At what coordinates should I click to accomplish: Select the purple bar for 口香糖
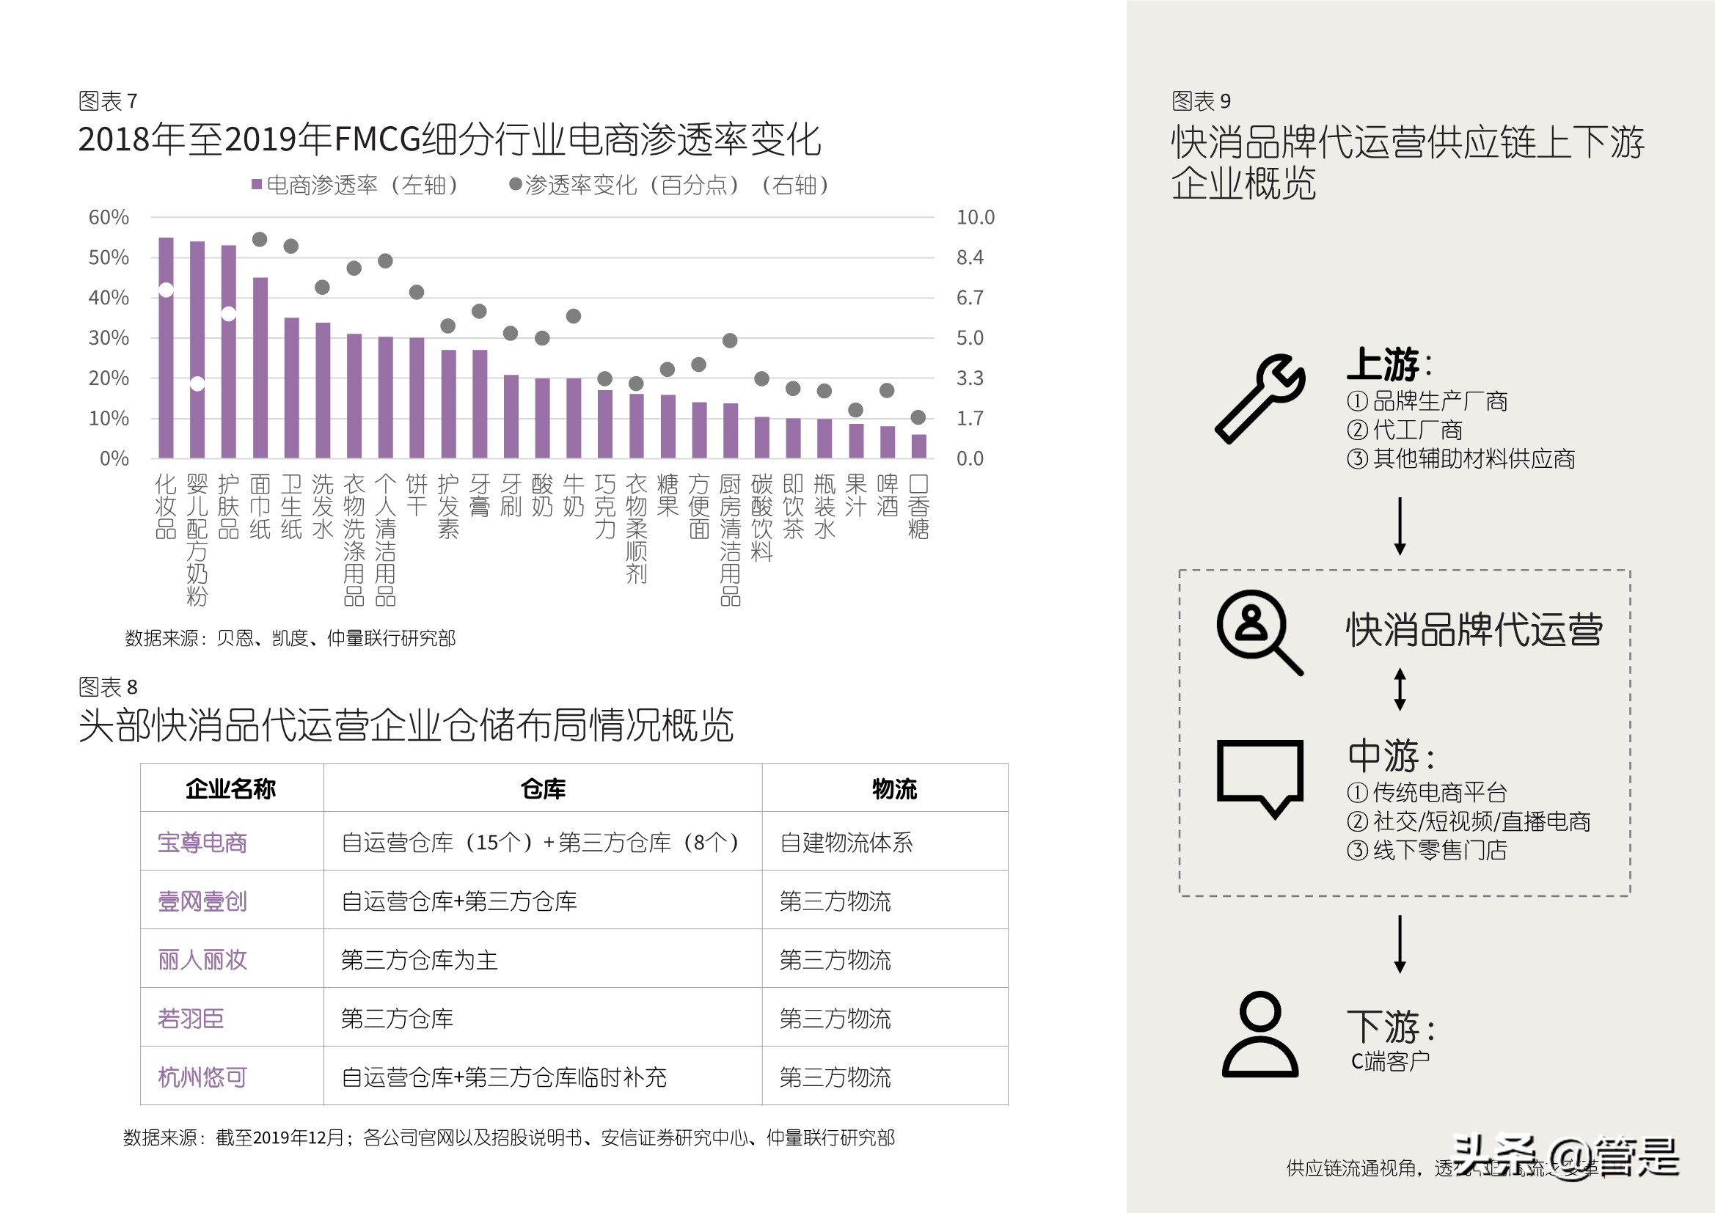point(918,446)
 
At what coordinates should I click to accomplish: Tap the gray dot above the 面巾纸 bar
point(260,240)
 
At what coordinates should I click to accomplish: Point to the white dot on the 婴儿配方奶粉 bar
point(197,384)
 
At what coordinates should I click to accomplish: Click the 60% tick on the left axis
point(109,217)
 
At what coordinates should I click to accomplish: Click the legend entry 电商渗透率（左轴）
point(355,186)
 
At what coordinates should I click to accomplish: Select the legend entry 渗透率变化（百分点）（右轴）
point(669,186)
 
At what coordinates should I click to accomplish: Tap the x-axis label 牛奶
point(574,495)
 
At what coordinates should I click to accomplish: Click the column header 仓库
point(543,789)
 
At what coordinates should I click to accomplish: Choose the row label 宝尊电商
point(202,843)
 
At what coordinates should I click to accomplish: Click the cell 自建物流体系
point(846,843)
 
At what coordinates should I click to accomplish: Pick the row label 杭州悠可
point(202,1077)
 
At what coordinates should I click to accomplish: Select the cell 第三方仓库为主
point(419,960)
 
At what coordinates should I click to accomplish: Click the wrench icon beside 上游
point(1260,398)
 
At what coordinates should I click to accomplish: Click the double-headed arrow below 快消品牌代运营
point(1400,689)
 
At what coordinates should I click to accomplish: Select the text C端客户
point(1390,1061)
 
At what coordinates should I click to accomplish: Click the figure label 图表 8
point(109,687)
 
